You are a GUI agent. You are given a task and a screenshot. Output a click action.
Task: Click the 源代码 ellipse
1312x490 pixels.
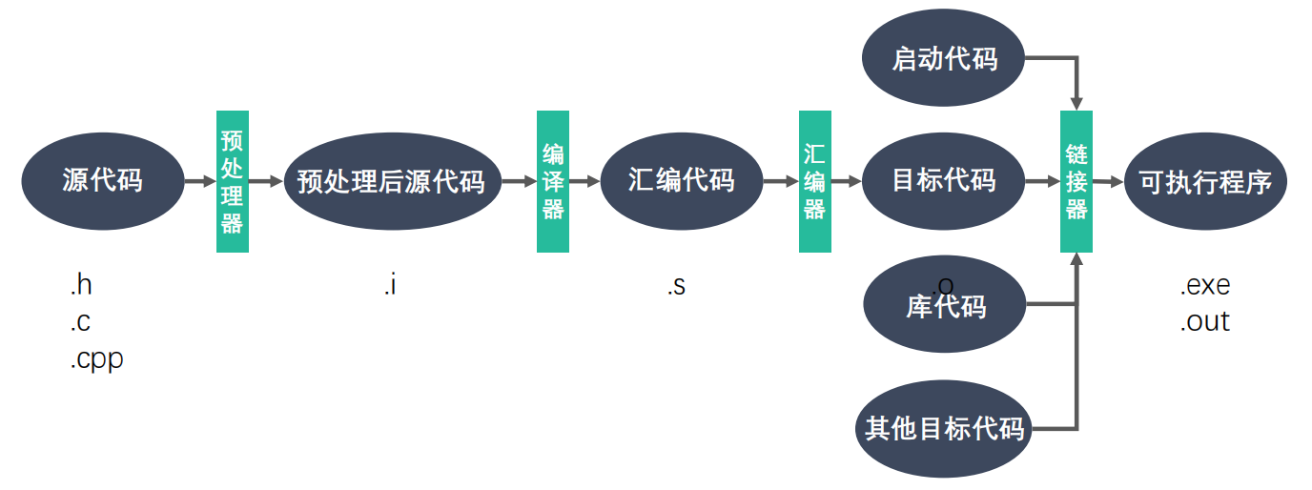[x=102, y=180]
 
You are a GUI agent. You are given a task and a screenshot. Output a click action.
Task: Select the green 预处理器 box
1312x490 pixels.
[x=233, y=182]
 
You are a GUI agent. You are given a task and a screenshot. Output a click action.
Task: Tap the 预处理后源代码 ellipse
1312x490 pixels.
[x=392, y=181]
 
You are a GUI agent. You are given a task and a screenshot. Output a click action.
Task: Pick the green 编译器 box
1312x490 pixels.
[x=553, y=182]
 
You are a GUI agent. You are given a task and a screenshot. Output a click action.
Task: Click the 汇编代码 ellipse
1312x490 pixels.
[x=682, y=180]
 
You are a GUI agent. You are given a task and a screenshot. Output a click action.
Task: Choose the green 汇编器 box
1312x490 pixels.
[x=814, y=182]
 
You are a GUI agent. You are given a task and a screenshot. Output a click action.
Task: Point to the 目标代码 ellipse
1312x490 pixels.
[x=943, y=180]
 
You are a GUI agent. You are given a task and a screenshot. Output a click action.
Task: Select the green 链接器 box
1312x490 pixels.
[x=1076, y=182]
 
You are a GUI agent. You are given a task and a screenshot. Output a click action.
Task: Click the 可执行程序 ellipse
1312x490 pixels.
[x=1205, y=181]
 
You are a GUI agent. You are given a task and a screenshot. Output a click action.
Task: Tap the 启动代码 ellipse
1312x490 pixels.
[x=943, y=60]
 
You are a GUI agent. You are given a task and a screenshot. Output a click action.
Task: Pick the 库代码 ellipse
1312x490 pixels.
[x=943, y=305]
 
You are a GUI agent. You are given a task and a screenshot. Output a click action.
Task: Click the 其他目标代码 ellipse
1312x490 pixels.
[x=943, y=428]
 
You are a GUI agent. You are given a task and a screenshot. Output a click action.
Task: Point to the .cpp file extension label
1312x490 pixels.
[x=96, y=360]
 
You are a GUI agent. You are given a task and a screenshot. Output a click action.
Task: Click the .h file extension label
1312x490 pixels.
[x=81, y=285]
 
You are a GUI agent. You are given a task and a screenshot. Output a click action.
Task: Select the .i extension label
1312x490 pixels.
[x=389, y=285]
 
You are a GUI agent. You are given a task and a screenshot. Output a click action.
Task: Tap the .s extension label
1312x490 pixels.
[x=675, y=285]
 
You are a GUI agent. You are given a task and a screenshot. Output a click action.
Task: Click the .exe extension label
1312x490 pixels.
[x=1205, y=285]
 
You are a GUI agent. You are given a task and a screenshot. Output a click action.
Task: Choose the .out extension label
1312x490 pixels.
[x=1205, y=322]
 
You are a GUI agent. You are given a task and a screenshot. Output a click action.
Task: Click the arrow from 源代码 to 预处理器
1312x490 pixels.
[x=200, y=180]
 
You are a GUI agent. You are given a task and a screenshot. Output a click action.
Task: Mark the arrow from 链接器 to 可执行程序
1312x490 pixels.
[x=1108, y=181]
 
